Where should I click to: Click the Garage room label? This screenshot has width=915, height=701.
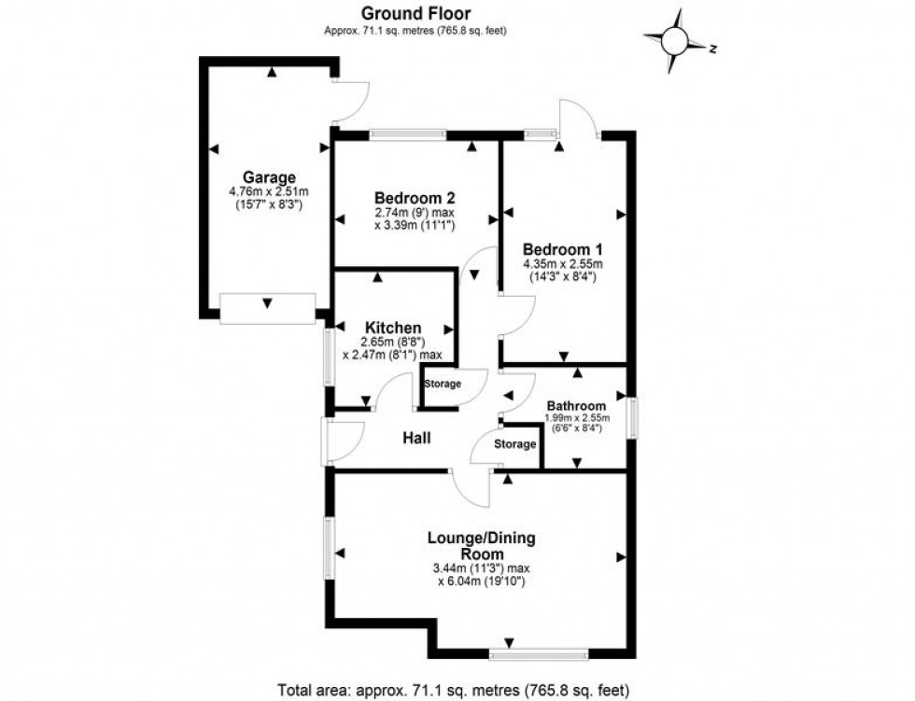click(x=270, y=177)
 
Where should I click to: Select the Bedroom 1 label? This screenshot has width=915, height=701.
click(x=562, y=249)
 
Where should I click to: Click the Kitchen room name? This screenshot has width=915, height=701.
click(x=392, y=328)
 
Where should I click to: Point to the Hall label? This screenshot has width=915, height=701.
click(x=415, y=437)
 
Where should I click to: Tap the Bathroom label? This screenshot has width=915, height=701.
click(x=576, y=406)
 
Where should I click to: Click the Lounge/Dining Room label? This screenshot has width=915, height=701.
click(x=481, y=546)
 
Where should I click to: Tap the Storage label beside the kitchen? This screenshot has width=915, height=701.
click(x=443, y=384)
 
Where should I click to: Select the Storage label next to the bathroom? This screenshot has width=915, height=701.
click(x=514, y=444)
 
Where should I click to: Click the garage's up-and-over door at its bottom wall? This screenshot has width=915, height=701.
click(x=268, y=309)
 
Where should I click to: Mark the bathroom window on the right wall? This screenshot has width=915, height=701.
click(x=632, y=417)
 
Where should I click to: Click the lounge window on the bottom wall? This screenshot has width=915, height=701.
click(x=536, y=651)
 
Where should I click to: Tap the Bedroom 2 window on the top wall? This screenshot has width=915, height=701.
click(x=407, y=134)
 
